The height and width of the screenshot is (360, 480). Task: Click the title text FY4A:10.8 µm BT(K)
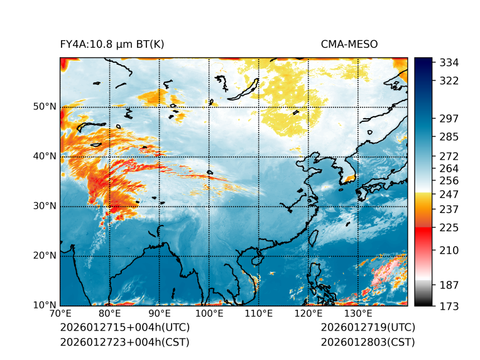[x=112, y=44]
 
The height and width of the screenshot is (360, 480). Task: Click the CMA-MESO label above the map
[x=349, y=44]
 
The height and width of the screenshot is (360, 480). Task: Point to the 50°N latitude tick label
[x=45, y=107]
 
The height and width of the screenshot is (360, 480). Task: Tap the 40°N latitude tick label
[x=45, y=156]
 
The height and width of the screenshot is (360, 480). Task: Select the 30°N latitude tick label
[x=45, y=206]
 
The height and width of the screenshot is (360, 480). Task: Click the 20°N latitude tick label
[x=45, y=256]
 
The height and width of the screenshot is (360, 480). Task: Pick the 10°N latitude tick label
[x=45, y=305]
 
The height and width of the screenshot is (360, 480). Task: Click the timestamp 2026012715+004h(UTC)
[x=125, y=328]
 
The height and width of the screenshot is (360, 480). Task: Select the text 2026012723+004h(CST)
[x=124, y=342]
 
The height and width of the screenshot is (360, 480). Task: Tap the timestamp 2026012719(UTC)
[x=368, y=328]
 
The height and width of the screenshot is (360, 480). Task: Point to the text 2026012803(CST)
[x=368, y=342]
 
